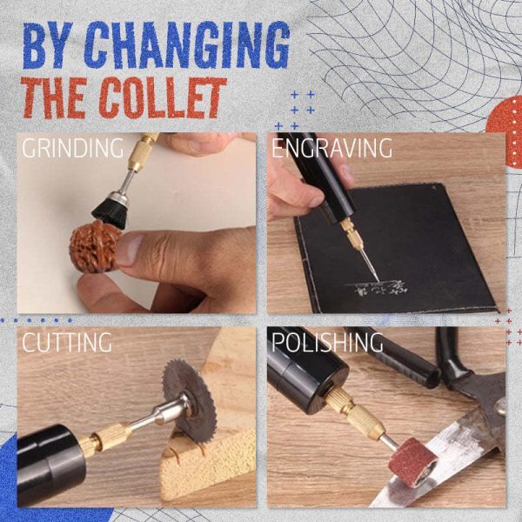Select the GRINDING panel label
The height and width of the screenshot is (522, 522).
tap(73, 148)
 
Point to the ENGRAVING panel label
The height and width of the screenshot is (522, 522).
tap(331, 148)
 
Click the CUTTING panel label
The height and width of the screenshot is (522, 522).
tap(67, 342)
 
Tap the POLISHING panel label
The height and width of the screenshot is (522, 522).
tap(327, 342)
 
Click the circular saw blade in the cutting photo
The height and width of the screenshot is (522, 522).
tap(187, 396)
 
